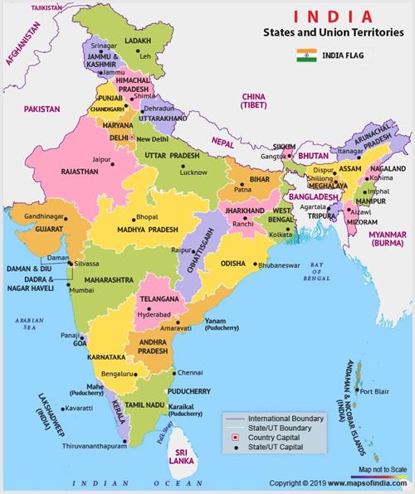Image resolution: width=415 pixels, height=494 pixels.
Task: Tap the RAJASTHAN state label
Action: (x=75, y=172)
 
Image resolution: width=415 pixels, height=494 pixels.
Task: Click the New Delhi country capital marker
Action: (x=131, y=137)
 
